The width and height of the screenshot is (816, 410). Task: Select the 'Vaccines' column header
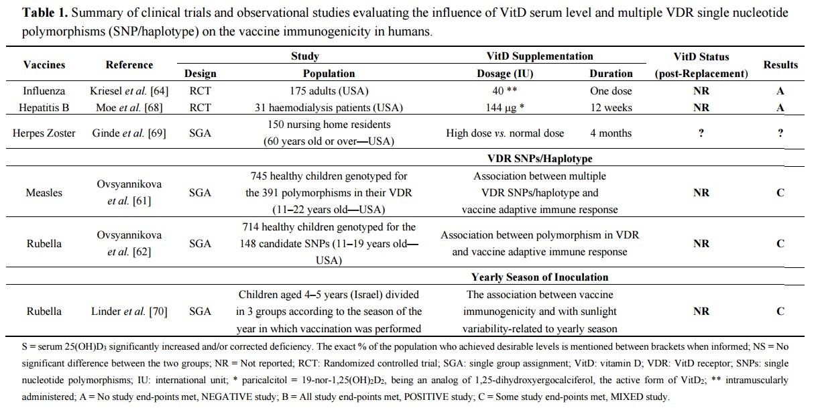coord(44,65)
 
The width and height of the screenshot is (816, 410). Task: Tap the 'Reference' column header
coord(129,65)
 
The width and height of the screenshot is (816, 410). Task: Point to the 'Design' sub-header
coord(200,74)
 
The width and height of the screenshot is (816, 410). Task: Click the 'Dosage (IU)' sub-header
coord(505,74)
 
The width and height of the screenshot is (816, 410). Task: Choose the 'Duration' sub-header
coord(611,74)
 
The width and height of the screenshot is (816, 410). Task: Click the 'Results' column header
coord(780,65)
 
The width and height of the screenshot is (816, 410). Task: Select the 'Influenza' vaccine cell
coord(44,91)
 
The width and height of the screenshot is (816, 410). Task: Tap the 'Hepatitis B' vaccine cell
coord(44,107)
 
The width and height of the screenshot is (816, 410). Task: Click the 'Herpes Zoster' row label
coord(44,133)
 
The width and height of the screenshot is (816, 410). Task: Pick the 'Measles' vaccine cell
coord(44,192)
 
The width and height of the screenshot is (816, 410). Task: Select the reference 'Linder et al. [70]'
coord(129,311)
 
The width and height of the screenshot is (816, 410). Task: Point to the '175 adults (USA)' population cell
coord(329,91)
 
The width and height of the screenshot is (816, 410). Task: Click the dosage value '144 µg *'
coord(505,107)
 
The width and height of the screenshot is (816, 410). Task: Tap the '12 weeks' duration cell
coord(611,107)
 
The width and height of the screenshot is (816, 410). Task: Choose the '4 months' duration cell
coord(611,133)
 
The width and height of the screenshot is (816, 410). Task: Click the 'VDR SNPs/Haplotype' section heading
coord(540,159)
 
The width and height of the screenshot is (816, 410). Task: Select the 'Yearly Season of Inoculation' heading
coord(540,277)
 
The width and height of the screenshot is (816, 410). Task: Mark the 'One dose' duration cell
coord(611,91)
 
